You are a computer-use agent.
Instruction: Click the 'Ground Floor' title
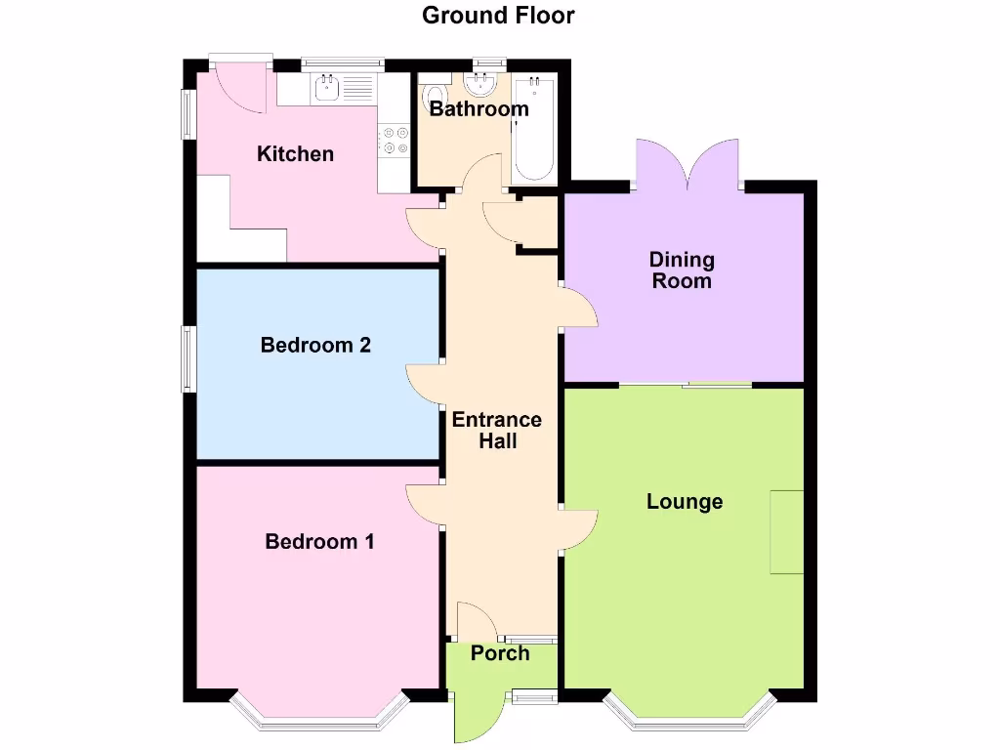498,16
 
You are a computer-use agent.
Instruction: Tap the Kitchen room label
295,154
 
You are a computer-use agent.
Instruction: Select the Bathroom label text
479,108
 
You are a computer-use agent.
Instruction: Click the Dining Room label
682,271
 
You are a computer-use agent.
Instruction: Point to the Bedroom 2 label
315,346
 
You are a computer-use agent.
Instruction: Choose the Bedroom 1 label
319,542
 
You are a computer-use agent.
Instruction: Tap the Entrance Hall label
496,431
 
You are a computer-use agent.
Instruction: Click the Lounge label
685,502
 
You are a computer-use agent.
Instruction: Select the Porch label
500,653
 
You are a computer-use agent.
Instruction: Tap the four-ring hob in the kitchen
395,140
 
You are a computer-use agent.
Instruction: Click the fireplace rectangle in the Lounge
787,532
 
